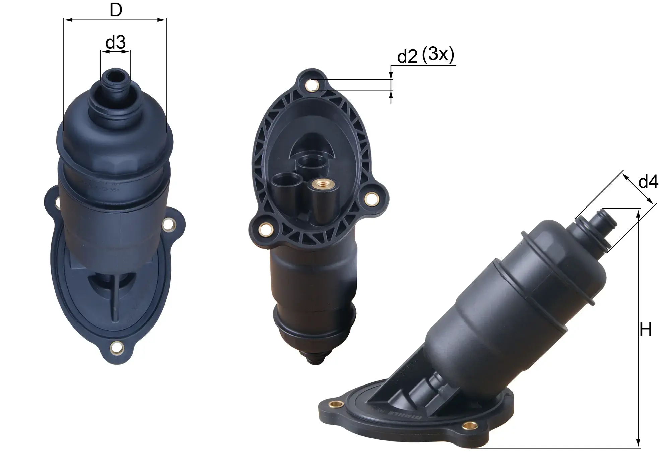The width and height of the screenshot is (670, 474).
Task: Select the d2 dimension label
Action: (x=407, y=57)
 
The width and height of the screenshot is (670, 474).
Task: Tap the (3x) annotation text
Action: (x=438, y=54)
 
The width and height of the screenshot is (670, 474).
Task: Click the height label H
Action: (x=646, y=330)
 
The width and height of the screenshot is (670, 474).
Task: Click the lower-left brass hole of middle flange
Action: (x=266, y=229)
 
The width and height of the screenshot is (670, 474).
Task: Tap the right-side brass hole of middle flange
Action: (x=371, y=199)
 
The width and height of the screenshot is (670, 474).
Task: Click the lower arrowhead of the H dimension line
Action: (x=639, y=444)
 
